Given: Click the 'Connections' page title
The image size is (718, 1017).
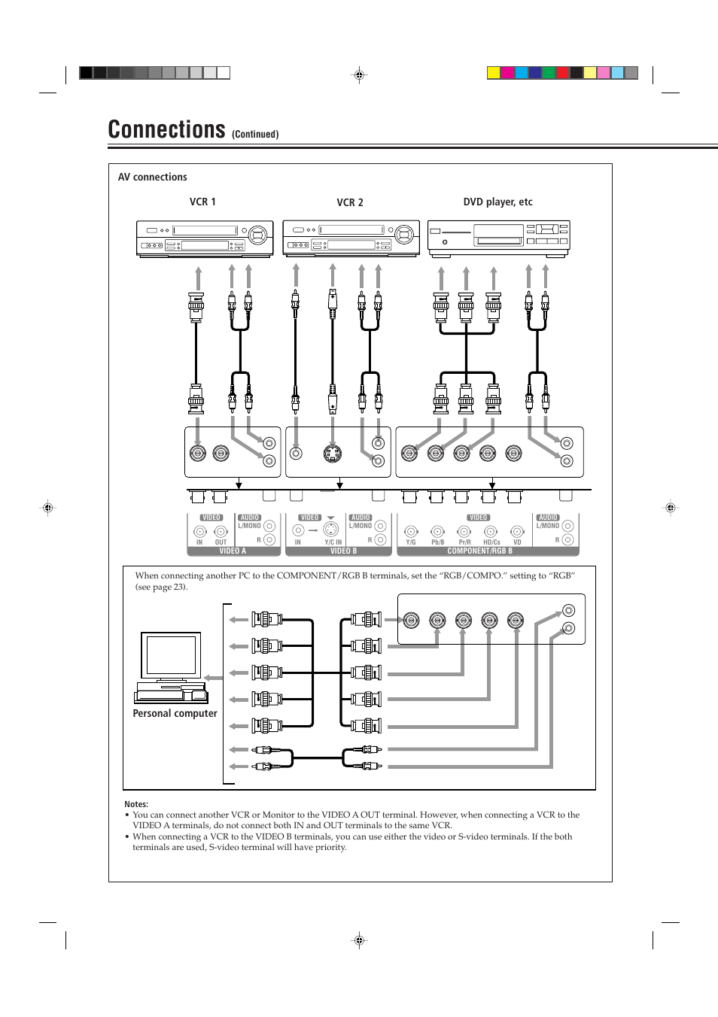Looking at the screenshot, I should coord(166,129).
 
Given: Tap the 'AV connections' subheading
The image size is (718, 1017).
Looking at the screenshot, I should coord(152,177).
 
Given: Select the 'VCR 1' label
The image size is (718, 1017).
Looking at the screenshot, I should coord(202,202).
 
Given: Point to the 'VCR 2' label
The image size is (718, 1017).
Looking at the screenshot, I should coord(349,202).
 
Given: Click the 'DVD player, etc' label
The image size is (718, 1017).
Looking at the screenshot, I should coord(497,202).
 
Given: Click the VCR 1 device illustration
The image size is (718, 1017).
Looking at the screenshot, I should coord(204,238).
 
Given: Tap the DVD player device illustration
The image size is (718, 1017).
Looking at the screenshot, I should coord(498,238).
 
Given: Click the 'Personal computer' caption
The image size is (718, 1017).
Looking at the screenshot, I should coord(175,713).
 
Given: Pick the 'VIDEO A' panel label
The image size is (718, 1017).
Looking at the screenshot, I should coord(233,551).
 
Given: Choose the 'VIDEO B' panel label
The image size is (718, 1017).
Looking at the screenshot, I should coord(343,551).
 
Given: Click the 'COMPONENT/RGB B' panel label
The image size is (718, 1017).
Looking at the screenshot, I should coord(479,551).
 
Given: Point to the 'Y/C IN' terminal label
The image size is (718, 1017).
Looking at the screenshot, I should coord(333,542).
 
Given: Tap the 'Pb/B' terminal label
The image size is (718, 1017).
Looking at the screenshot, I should coord(437,542).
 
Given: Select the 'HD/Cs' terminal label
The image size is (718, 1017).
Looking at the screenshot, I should coord(491,542).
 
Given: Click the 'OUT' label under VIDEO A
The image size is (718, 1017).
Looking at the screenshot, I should coord(221,542).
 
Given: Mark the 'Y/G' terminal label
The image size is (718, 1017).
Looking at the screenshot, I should coord(411,542).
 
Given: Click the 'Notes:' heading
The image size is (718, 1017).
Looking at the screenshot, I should coord(136,804).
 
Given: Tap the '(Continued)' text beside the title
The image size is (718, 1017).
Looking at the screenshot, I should coord(255,135).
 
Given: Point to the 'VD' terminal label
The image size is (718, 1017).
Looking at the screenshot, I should coord(517,542).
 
